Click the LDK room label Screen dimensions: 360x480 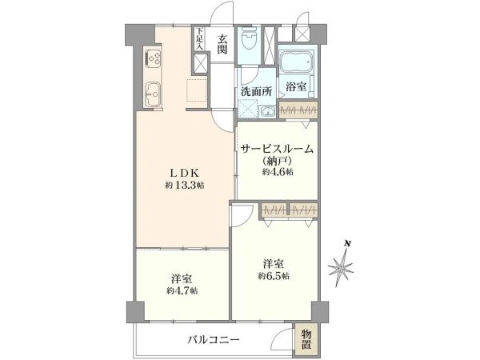[177, 172]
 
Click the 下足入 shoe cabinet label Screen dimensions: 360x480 [200, 40]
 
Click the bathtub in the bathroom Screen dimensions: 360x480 [297, 64]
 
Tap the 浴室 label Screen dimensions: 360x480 [296, 86]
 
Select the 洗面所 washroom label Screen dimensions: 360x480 [254, 91]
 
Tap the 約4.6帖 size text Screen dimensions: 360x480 [277, 173]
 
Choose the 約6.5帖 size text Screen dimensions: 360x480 [274, 276]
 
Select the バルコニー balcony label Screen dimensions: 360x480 [214, 339]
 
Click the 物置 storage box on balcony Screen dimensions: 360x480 [307, 339]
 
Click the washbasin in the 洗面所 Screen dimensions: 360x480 [266, 111]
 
